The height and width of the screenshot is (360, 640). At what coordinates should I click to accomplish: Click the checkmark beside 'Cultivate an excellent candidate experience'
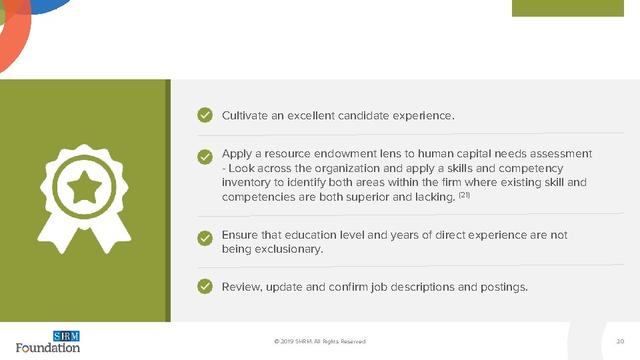(205, 115)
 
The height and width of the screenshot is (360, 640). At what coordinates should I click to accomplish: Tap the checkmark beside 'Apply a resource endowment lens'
(205, 157)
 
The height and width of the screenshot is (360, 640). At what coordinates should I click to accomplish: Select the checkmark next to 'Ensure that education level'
(205, 238)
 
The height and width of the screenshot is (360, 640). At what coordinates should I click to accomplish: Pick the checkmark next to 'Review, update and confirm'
(205, 287)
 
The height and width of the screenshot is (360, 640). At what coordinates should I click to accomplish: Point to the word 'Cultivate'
(245, 116)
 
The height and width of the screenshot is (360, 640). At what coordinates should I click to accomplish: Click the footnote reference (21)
(464, 195)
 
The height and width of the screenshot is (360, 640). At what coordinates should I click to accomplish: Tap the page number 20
(620, 341)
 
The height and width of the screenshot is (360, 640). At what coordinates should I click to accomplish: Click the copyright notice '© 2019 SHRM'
(319, 341)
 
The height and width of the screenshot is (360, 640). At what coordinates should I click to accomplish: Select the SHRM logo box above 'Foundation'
(66, 336)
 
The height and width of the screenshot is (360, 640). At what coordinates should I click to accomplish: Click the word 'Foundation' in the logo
(48, 347)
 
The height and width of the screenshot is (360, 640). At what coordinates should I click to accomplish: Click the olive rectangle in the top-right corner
(567, 8)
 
